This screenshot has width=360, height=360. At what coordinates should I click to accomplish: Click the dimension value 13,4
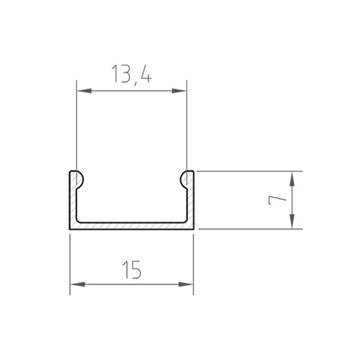click(x=131, y=75)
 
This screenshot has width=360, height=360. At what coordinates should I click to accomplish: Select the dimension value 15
click(x=131, y=270)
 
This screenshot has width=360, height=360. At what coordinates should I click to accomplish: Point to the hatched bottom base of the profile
click(x=132, y=226)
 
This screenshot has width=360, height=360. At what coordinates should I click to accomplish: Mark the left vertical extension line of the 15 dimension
click(x=70, y=264)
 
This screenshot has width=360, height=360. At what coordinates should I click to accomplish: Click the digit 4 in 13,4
click(x=145, y=75)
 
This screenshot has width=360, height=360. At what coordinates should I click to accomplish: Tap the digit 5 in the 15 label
click(x=137, y=270)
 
